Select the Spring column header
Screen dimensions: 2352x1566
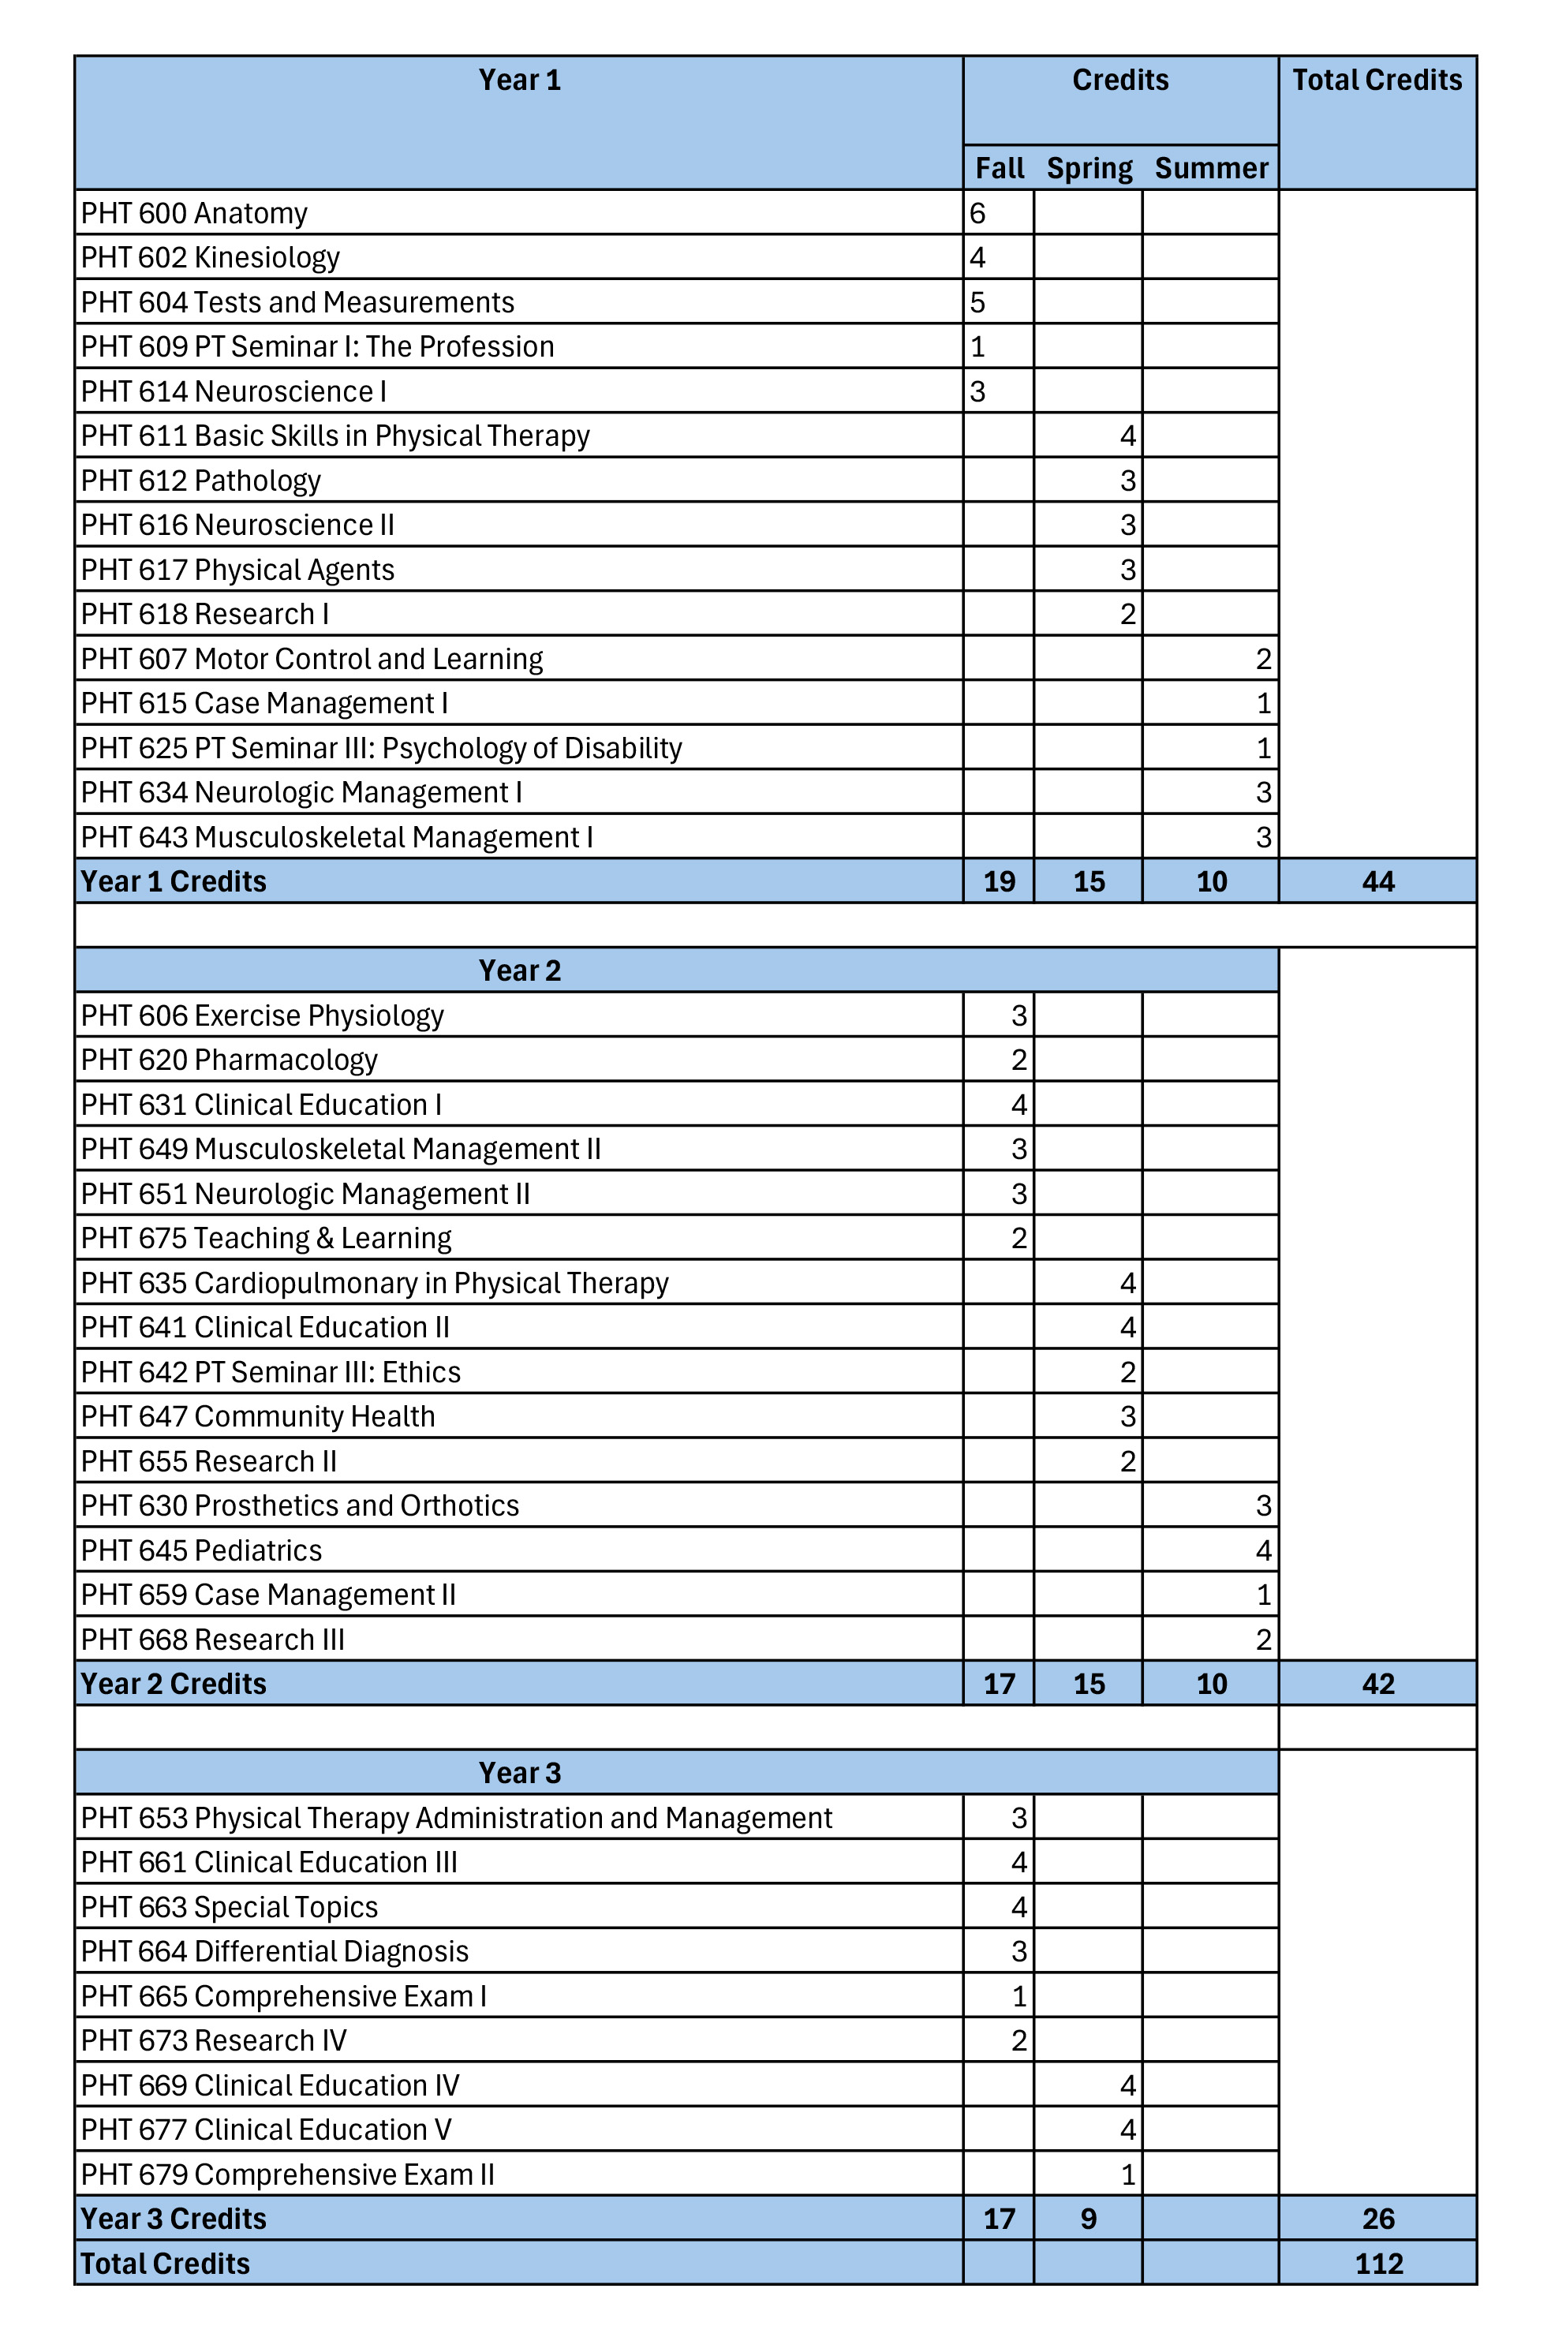pos(1089,168)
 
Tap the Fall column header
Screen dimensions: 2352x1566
pos(999,168)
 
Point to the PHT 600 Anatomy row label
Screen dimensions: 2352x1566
pos(194,213)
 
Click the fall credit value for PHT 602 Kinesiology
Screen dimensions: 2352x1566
pos(977,258)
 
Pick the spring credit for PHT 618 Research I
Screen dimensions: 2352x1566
pos(1127,614)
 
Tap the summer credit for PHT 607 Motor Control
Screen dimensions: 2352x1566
pos(1262,659)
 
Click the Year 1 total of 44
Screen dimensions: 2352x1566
pos(1377,881)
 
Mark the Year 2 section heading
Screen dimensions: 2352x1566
pos(519,970)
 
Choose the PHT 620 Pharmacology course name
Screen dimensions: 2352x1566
pos(229,1060)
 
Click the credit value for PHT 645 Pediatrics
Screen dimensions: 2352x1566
pos(1262,1550)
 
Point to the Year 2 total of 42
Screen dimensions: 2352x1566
pos(1377,1684)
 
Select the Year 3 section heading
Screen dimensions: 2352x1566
pos(519,1773)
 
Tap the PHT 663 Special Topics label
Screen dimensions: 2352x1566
pos(229,1906)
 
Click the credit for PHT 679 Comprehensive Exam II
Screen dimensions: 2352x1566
pos(1127,2174)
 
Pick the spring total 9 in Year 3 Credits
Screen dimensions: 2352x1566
pos(1088,2218)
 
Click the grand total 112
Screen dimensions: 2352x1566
pos(1378,2263)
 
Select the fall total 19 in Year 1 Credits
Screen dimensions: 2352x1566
pos(999,881)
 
